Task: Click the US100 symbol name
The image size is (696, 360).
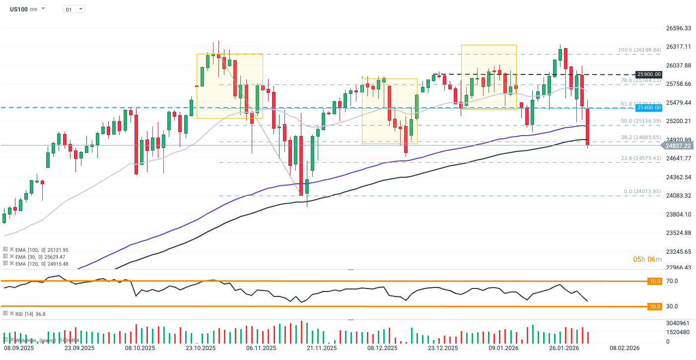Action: (19, 9)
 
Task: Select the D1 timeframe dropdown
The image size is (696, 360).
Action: (74, 9)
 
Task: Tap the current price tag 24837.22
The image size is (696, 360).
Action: (678, 145)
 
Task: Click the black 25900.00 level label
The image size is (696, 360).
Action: (649, 74)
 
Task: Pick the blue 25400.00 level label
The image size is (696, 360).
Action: (649, 107)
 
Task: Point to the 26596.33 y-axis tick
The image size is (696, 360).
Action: (678, 28)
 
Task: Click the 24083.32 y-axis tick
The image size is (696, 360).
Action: (678, 196)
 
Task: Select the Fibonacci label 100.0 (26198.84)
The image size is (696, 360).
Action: (639, 50)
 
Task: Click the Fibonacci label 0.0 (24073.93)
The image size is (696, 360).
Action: (642, 192)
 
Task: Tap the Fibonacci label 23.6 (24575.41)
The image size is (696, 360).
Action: (640, 158)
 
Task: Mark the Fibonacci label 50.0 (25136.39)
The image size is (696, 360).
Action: (640, 121)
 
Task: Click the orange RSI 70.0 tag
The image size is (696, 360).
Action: (655, 281)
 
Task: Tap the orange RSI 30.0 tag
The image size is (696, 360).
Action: (655, 306)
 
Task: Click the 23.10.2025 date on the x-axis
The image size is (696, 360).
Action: (200, 348)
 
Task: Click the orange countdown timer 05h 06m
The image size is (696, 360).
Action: (647, 259)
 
